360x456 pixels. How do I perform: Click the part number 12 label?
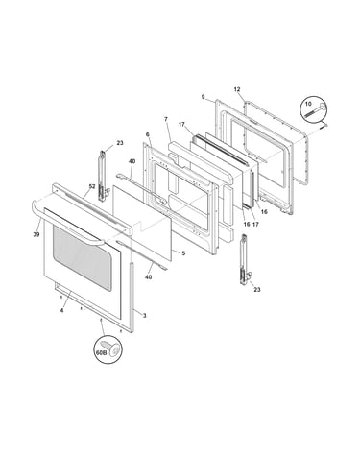tap(237, 89)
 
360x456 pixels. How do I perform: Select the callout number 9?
tap(203, 97)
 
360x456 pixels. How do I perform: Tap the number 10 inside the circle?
tap(308, 104)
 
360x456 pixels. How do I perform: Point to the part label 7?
tap(166, 119)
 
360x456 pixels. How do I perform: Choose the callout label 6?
tap(148, 134)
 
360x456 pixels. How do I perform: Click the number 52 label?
tap(92, 186)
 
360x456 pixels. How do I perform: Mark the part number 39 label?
tap(36, 234)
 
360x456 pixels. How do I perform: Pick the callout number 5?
tap(183, 253)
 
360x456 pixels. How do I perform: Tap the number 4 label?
tap(61, 310)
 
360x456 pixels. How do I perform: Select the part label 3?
tap(144, 316)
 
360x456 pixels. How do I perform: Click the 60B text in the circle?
tap(101, 352)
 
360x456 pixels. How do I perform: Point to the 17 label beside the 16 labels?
tap(255, 224)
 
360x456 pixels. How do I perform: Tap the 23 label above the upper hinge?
tap(120, 143)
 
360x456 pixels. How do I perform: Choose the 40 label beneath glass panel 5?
tap(148, 277)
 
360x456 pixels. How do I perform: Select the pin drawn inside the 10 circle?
tap(316, 109)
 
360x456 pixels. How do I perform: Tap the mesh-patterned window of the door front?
tap(83, 257)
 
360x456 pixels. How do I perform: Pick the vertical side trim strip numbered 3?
tap(132, 299)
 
